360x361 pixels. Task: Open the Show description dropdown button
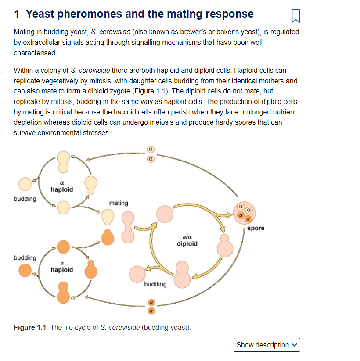(267, 345)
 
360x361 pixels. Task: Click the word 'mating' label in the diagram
(119, 203)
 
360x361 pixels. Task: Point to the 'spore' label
(256, 228)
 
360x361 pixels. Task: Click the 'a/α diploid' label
(187, 240)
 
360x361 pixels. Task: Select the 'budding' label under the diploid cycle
(155, 284)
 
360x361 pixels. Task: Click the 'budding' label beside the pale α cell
(25, 199)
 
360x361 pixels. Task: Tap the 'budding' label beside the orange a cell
(25, 257)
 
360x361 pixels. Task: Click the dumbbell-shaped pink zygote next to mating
(128, 227)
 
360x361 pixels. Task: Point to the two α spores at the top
(150, 155)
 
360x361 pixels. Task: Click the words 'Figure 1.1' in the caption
(30, 328)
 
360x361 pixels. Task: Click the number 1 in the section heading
(17, 14)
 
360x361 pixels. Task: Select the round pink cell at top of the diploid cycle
(165, 214)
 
